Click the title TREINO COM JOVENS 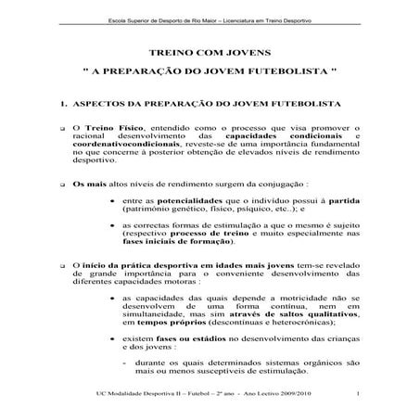tap(210, 55)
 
